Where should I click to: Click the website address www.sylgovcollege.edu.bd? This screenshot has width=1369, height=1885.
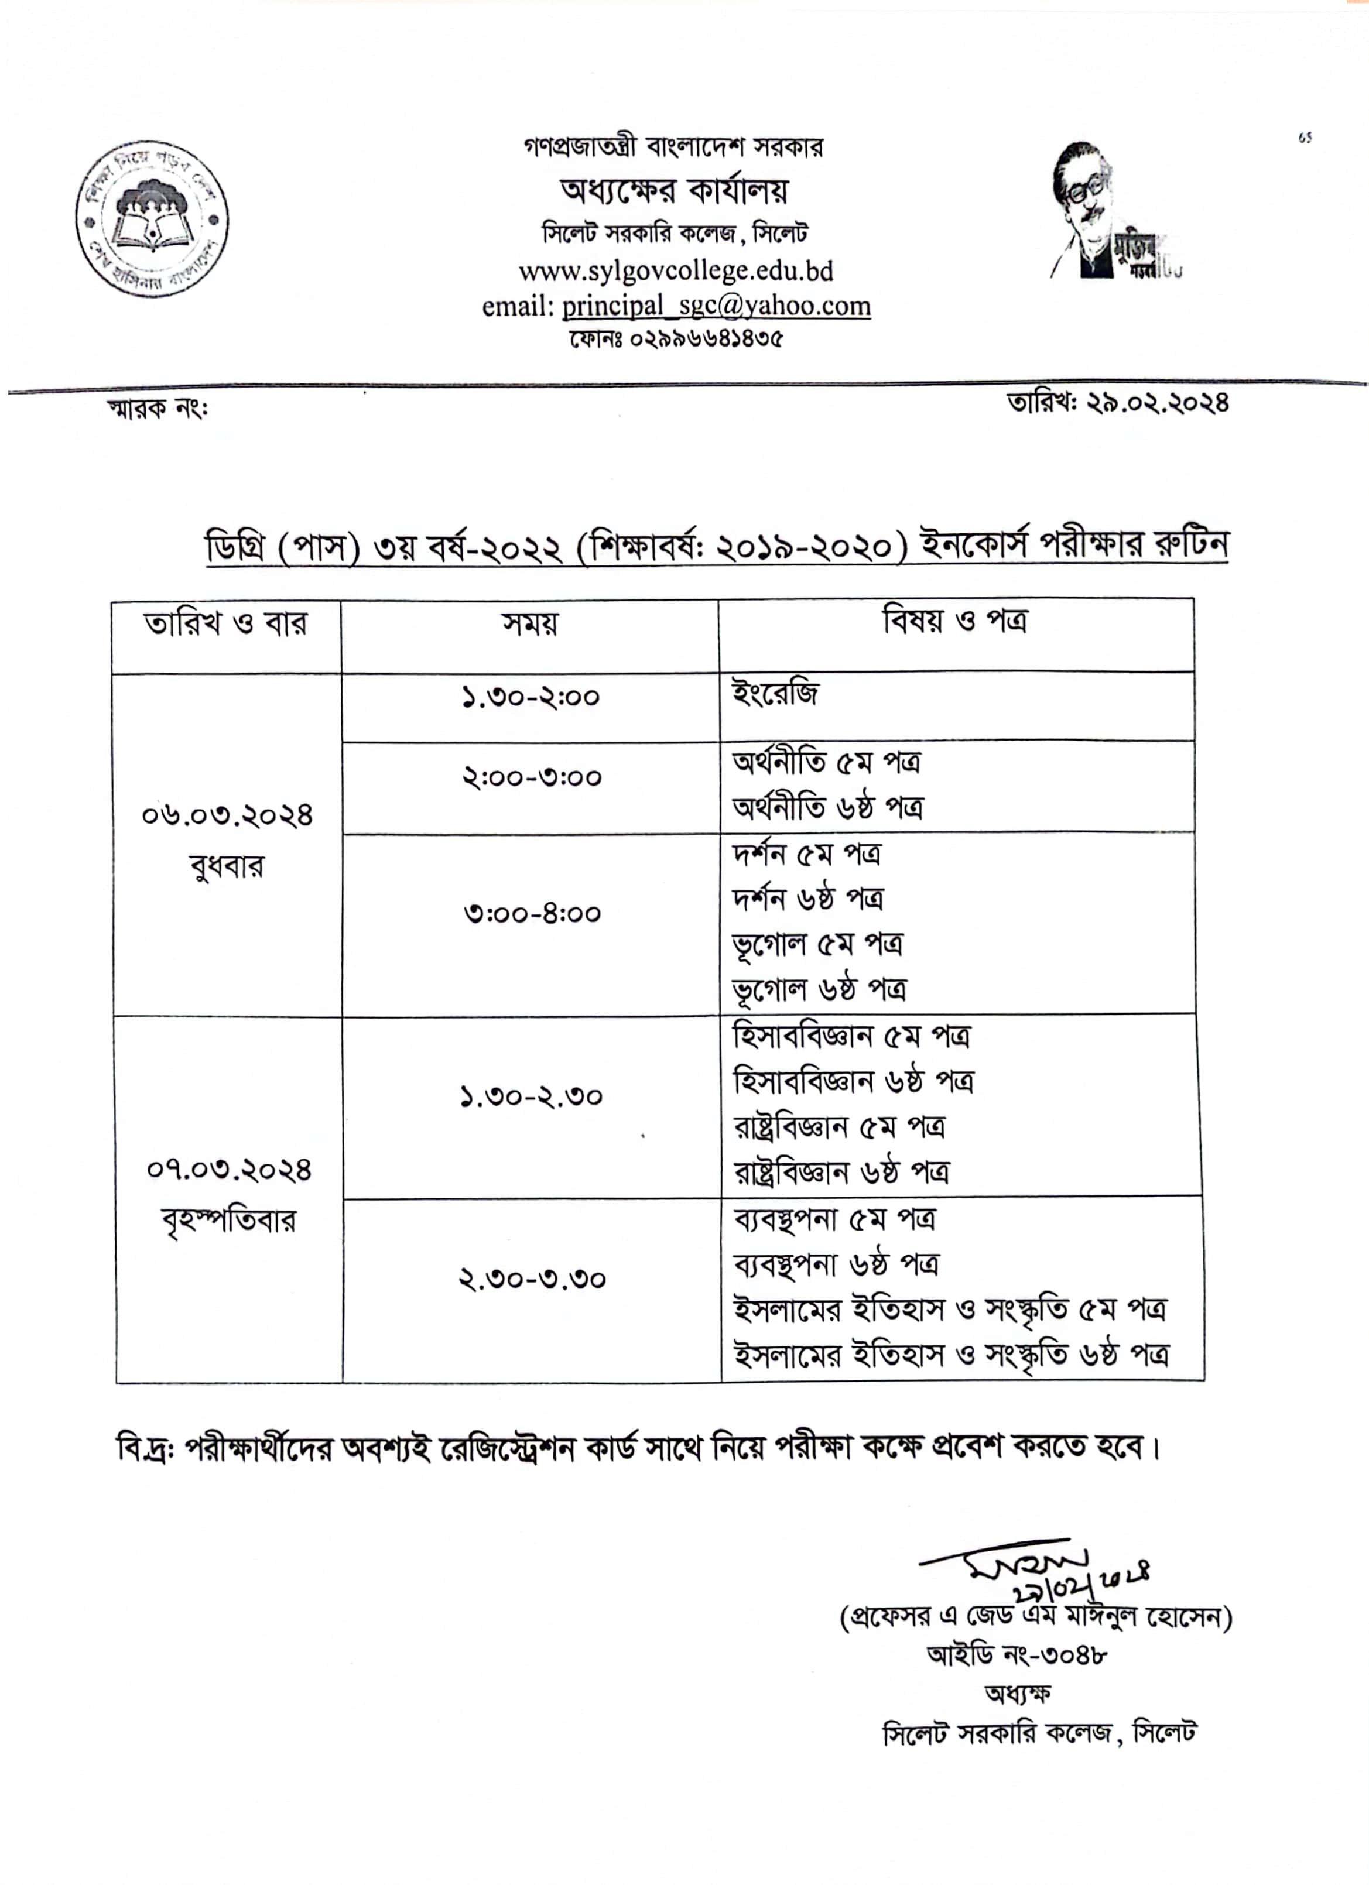point(675,271)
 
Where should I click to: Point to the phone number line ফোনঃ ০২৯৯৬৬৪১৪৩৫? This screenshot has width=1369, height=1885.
point(675,339)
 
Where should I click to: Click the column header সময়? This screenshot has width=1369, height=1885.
point(529,623)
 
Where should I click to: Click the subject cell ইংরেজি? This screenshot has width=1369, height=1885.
point(775,693)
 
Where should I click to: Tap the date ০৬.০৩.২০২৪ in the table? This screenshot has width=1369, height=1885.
point(227,815)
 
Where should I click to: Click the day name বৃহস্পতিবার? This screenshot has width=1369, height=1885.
point(228,1221)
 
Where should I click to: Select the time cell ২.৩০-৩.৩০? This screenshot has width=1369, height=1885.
point(532,1279)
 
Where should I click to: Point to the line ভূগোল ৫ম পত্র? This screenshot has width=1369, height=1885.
point(817,944)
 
